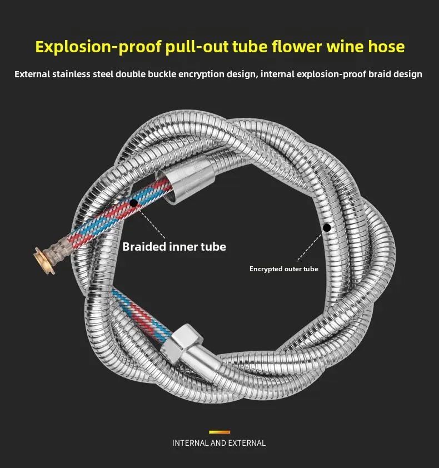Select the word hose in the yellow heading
(x=384, y=46)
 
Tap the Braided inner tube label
(x=174, y=246)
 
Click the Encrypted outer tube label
(x=283, y=269)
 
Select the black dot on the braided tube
(x=134, y=203)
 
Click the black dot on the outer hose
(x=327, y=227)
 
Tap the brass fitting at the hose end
(x=41, y=257)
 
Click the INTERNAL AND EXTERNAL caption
(x=219, y=443)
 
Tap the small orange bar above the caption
(x=219, y=431)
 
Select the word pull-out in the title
(x=197, y=46)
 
